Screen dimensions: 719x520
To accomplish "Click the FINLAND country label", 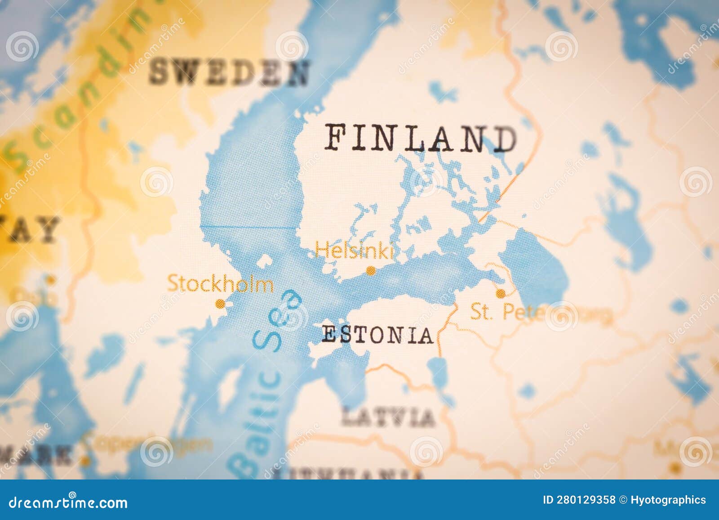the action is (x=420, y=138).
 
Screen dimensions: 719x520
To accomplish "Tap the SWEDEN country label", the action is (x=229, y=72).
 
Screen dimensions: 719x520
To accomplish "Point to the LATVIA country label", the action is (x=388, y=417).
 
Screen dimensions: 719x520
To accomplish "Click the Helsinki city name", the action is (x=354, y=250).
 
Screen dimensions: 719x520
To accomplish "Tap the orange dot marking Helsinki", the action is (x=371, y=271).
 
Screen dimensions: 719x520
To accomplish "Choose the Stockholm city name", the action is (x=220, y=284).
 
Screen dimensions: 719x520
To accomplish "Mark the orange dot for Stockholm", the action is (x=220, y=304).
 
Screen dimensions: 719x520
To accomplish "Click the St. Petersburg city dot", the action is (x=500, y=294).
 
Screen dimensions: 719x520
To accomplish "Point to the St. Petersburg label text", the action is (x=539, y=312).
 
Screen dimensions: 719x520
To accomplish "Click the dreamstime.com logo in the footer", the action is (x=68, y=502).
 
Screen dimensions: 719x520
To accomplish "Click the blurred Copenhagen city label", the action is (x=148, y=444).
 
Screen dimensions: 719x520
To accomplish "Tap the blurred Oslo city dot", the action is (x=51, y=280).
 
